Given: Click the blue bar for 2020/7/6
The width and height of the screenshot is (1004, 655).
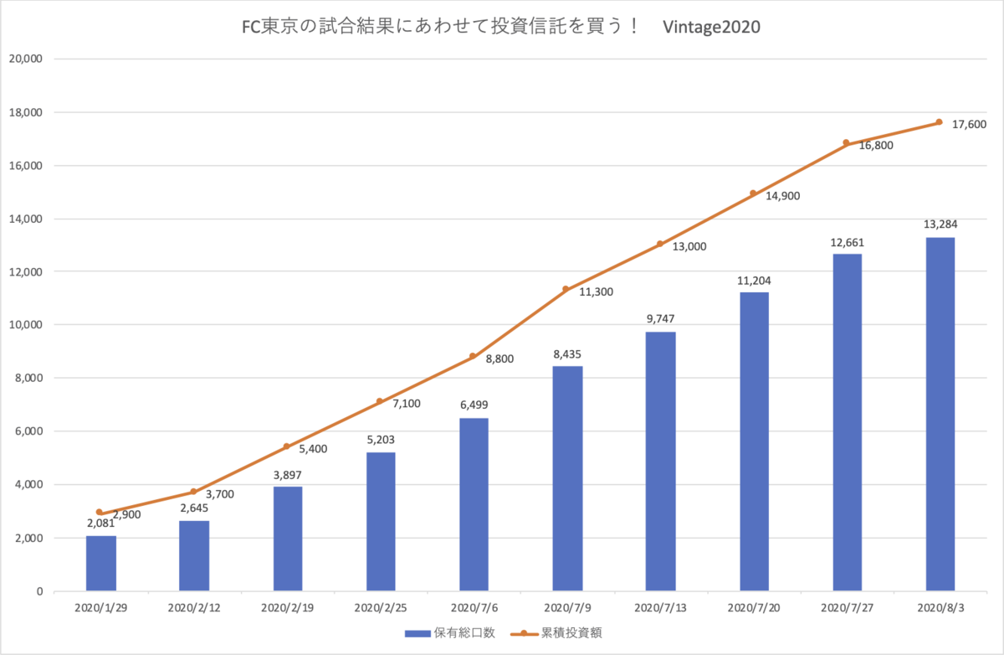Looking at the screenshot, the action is pyautogui.click(x=474, y=504).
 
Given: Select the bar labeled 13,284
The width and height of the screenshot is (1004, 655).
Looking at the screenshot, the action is pyautogui.click(x=940, y=414).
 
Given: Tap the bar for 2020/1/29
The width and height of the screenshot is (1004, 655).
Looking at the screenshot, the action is pyautogui.click(x=101, y=563).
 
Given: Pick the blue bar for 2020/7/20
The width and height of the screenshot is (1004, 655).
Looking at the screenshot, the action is pyautogui.click(x=754, y=441).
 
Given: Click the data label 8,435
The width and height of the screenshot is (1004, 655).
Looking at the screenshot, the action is pyautogui.click(x=567, y=354).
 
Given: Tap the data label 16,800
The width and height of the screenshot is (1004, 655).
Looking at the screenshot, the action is pyautogui.click(x=876, y=146).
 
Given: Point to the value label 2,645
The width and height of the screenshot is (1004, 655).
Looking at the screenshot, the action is pyautogui.click(x=194, y=508).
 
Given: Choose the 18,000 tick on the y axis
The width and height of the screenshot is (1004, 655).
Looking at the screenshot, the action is pyautogui.click(x=26, y=112).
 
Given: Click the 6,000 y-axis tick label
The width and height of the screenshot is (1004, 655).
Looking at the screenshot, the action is pyautogui.click(x=28, y=431).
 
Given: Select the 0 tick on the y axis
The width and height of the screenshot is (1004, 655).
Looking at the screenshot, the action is pyautogui.click(x=40, y=591).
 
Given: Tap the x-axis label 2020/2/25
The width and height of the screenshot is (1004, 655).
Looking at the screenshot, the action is pyautogui.click(x=381, y=608).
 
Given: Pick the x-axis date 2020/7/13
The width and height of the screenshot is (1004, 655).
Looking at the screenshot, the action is pyautogui.click(x=660, y=608).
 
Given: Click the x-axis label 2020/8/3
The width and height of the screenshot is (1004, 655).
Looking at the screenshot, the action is pyautogui.click(x=940, y=608).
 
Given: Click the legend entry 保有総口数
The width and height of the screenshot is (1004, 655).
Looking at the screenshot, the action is pyautogui.click(x=450, y=633).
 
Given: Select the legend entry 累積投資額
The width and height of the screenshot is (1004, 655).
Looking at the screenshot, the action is pyautogui.click(x=556, y=633).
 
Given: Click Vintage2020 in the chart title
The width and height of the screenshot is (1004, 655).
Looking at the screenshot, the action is pyautogui.click(x=711, y=27).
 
